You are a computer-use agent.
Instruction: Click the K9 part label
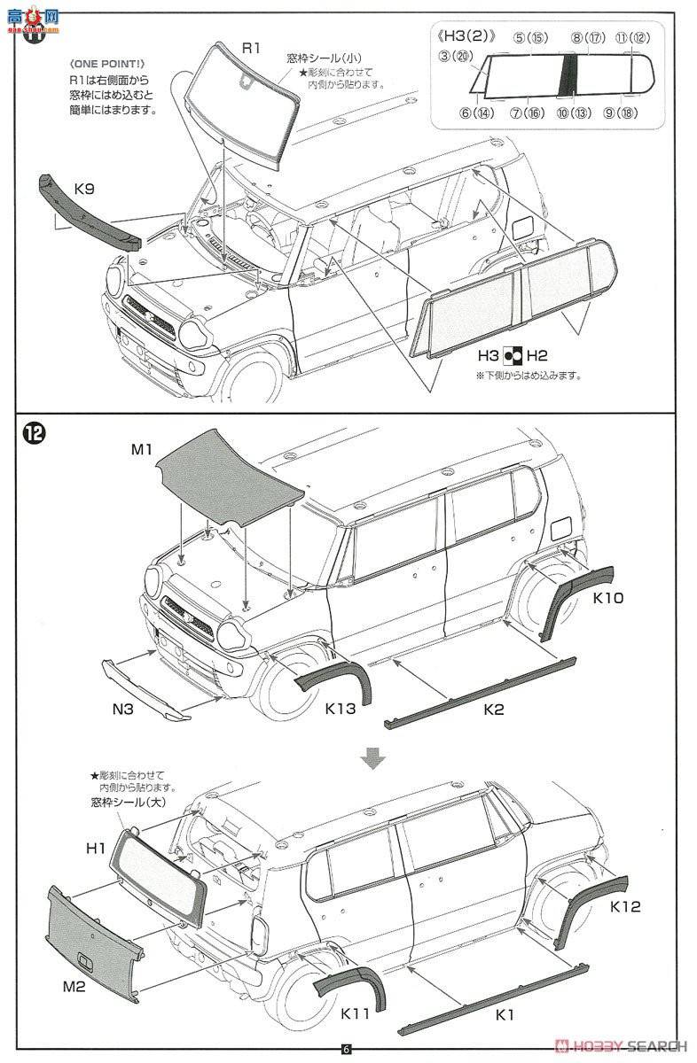[85, 189]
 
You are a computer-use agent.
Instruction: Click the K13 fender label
[341, 708]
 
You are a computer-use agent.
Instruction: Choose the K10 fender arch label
[609, 598]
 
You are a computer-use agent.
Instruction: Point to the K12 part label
[625, 905]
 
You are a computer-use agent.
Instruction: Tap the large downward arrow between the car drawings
[375, 758]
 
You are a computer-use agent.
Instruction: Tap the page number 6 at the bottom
[348, 1050]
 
